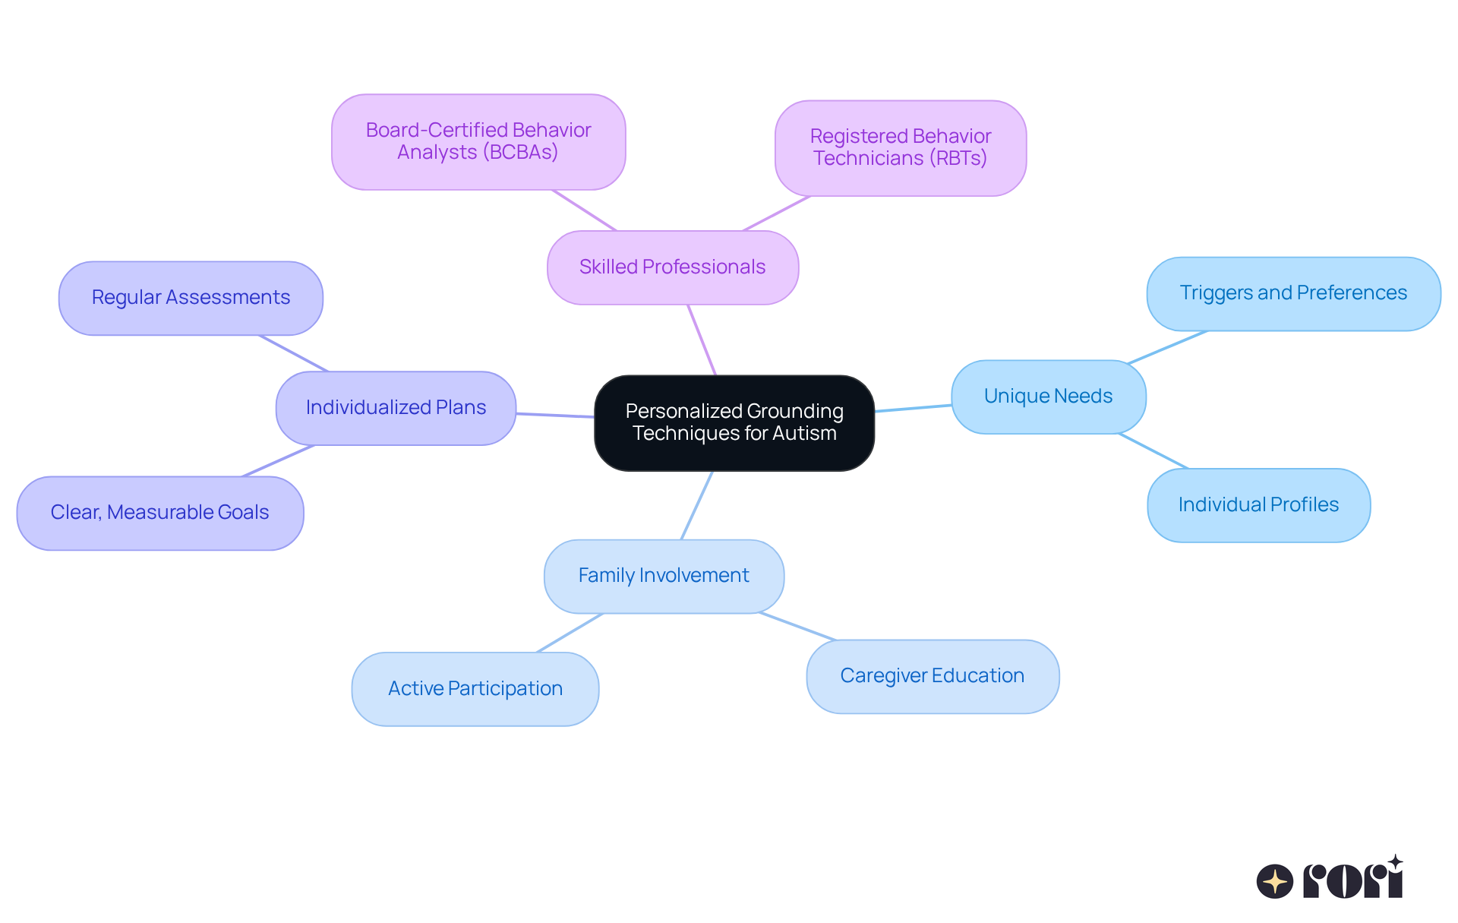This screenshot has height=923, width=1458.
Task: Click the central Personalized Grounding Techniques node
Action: [x=734, y=422]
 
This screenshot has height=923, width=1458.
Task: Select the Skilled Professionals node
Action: [x=672, y=267]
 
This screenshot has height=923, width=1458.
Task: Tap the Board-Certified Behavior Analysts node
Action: [x=478, y=141]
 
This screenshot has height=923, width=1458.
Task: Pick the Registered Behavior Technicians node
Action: [x=900, y=147]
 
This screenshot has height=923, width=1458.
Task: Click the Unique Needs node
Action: [x=1048, y=397]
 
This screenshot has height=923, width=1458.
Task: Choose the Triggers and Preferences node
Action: [x=1293, y=293]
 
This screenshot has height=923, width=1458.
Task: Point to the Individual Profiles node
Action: [x=1258, y=505]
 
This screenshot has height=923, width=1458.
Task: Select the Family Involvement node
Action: [x=664, y=576]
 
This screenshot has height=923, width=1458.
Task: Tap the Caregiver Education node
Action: [x=932, y=676]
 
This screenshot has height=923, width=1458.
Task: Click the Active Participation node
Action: [x=475, y=688]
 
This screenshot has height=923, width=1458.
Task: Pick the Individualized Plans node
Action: [x=396, y=408]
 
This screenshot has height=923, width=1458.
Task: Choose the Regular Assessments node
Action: [x=191, y=298]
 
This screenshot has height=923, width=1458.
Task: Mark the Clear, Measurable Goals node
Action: [x=159, y=513]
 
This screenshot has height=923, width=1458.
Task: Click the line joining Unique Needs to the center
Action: [x=913, y=409]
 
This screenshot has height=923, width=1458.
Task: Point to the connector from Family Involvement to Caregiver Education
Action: [x=797, y=627]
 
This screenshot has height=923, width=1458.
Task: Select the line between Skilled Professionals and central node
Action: [x=702, y=340]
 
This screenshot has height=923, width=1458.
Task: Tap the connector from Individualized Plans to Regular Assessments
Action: [x=293, y=353]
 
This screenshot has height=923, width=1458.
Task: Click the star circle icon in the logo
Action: [x=1274, y=881]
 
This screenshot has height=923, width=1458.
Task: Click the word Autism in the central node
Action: [x=803, y=434]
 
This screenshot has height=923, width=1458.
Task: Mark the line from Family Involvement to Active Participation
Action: [x=570, y=633]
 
